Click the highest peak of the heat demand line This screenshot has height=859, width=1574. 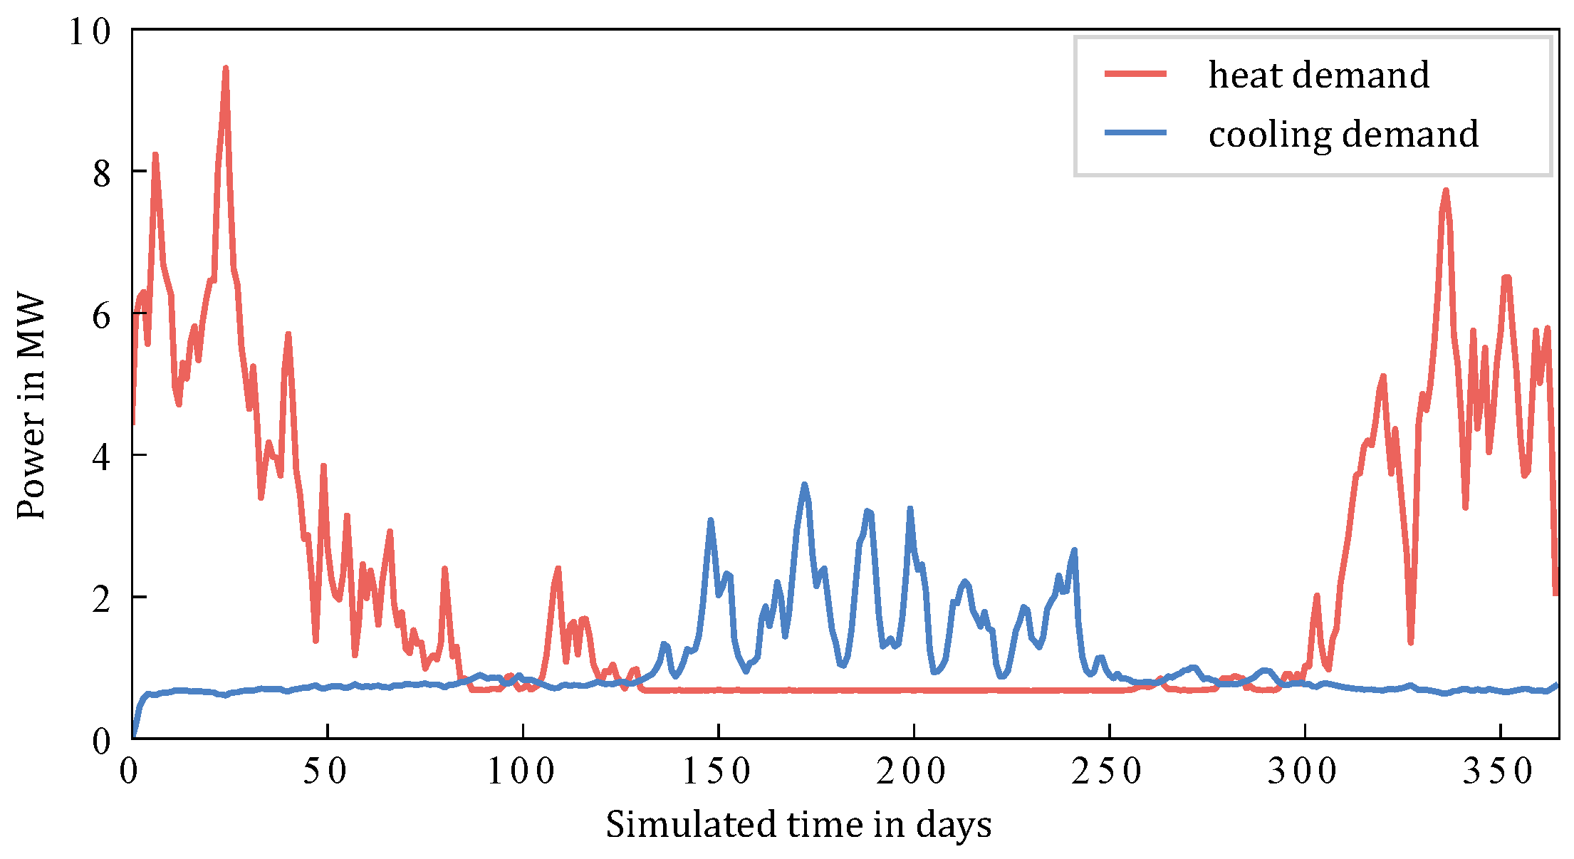(x=225, y=69)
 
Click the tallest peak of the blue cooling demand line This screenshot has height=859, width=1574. (x=805, y=485)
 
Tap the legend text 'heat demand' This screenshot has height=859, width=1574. (x=1318, y=75)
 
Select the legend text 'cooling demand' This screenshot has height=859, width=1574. (x=1343, y=134)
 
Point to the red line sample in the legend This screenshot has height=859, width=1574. (x=1135, y=74)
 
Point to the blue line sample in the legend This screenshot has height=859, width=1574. (x=1135, y=133)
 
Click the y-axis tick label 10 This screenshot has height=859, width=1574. (x=90, y=31)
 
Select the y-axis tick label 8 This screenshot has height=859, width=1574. (x=102, y=173)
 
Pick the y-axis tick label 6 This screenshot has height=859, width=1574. (x=102, y=315)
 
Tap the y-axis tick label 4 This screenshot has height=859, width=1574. (x=102, y=457)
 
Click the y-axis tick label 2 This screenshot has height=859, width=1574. (x=102, y=598)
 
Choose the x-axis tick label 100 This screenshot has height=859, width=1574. (x=521, y=771)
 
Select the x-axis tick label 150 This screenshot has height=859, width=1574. (x=717, y=771)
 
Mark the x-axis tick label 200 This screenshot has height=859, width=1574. (x=912, y=771)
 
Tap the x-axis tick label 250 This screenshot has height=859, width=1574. (x=1108, y=771)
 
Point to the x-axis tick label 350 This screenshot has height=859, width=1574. (x=1499, y=771)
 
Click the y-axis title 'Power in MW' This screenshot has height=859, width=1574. (x=31, y=407)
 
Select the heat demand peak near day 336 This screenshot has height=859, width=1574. (x=1446, y=191)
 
